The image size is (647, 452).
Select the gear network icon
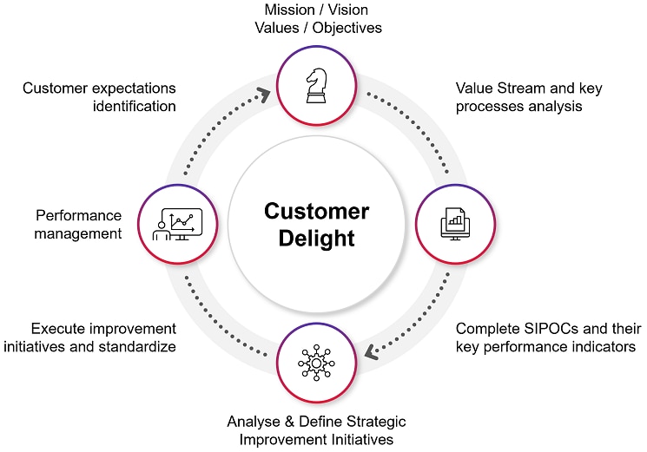(315, 363)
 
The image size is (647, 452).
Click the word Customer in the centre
(316, 211)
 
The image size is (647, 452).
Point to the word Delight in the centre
(316, 238)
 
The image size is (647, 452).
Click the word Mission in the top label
(291, 10)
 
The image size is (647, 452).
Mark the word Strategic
(374, 422)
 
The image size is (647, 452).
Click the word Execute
(57, 329)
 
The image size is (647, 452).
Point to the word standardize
(135, 347)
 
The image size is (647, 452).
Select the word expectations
(129, 88)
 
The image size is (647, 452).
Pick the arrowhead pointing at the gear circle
(370, 352)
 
